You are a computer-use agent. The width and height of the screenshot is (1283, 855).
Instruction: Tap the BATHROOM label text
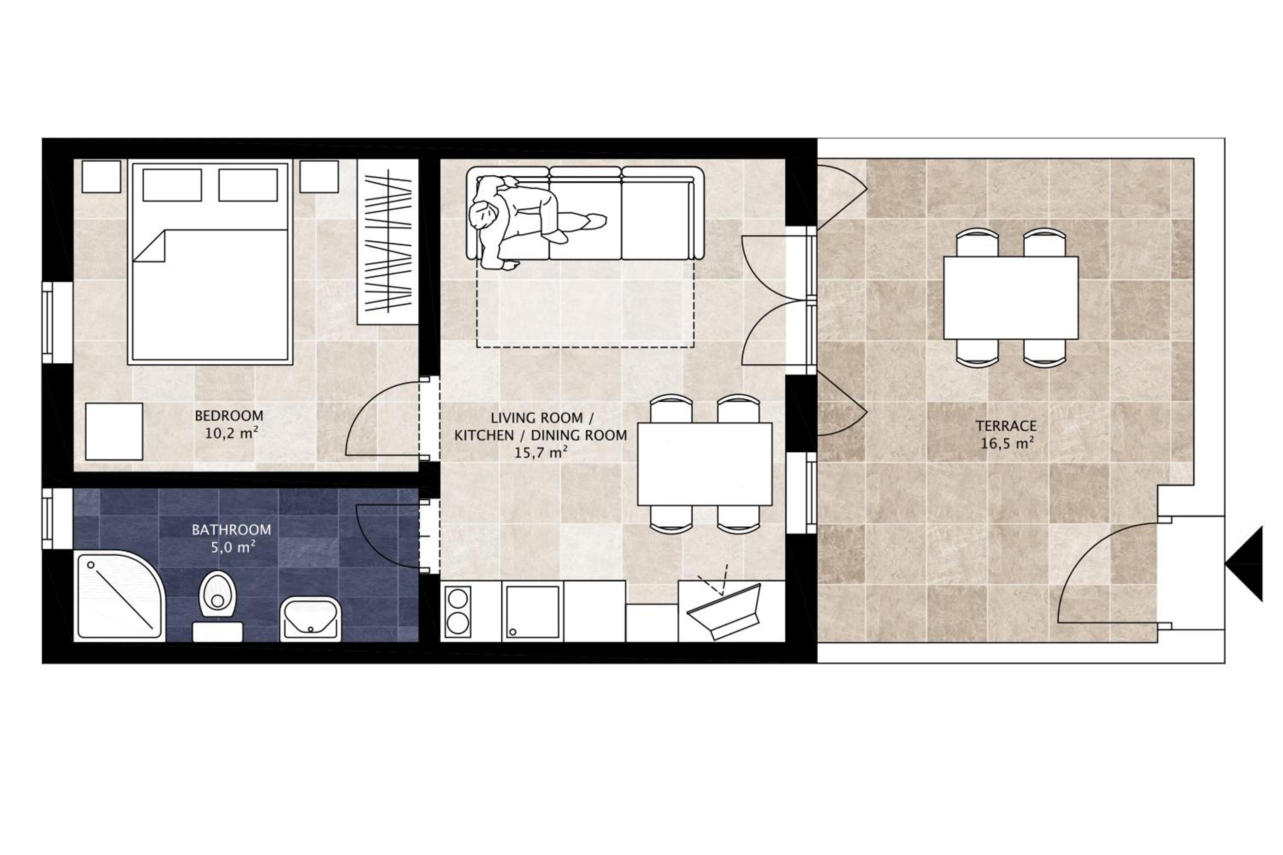[231, 530]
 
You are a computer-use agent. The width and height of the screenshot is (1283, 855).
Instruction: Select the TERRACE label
[1006, 426]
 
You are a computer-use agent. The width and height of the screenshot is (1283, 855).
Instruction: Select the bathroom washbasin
[310, 619]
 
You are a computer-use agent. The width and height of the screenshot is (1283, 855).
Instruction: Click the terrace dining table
[1011, 298]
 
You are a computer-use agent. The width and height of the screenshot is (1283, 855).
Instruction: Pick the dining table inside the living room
[705, 464]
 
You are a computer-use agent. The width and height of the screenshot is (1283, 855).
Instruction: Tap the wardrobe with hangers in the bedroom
[388, 242]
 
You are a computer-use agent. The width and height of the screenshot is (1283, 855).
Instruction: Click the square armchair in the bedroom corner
[114, 431]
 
